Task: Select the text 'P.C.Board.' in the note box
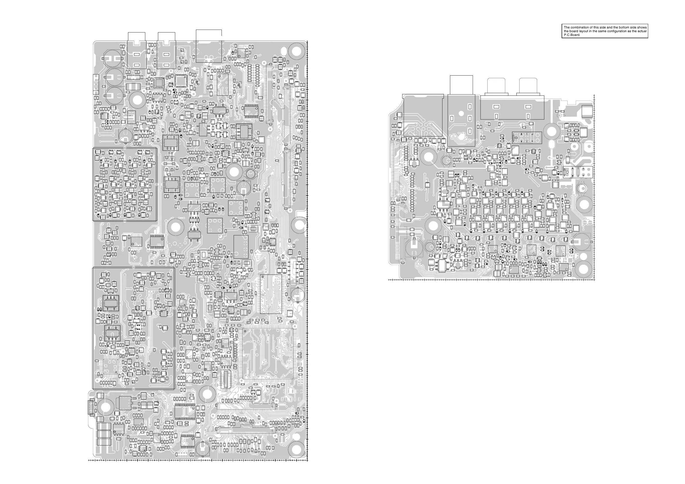[572, 35]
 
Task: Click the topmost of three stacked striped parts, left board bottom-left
[104, 427]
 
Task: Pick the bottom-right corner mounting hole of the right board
[584, 269]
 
